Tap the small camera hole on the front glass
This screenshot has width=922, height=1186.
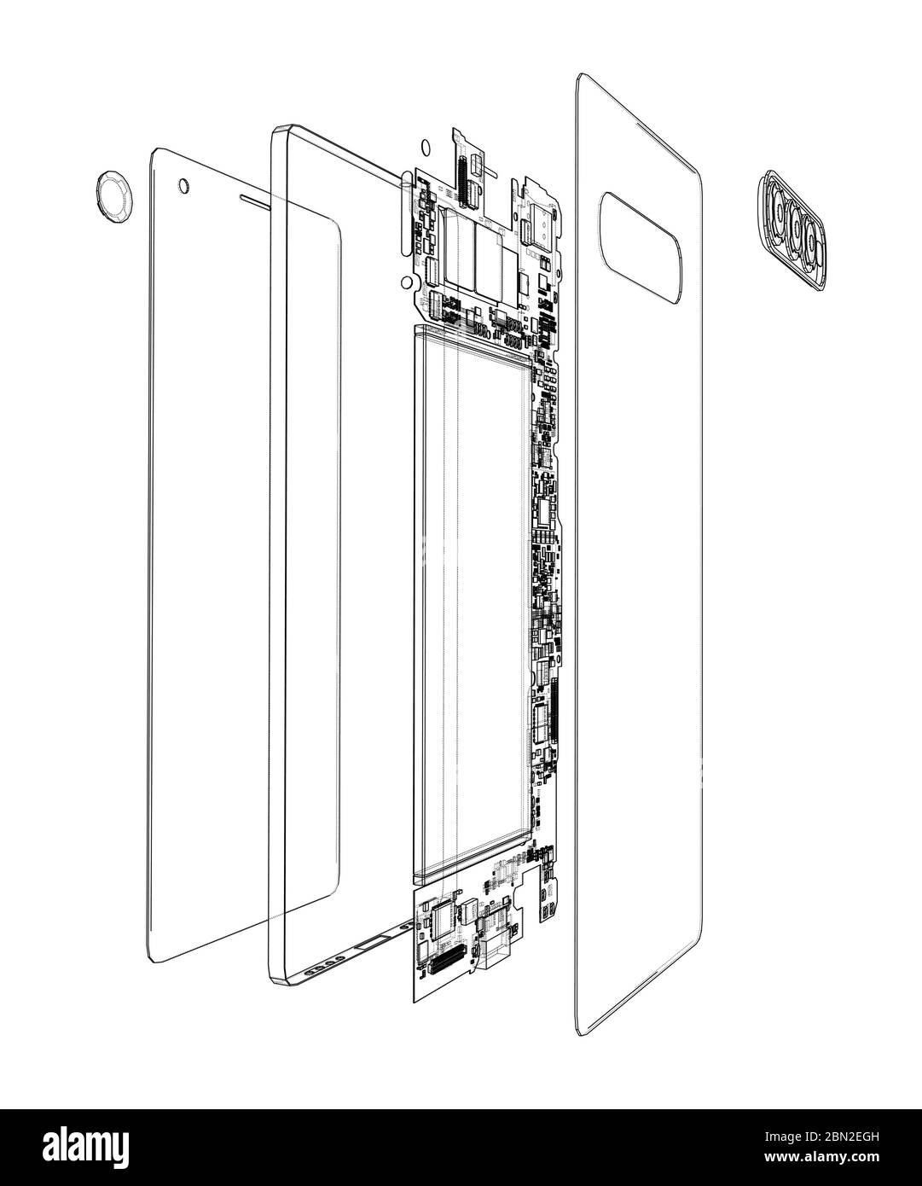183,184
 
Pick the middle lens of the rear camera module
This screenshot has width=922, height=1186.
796,228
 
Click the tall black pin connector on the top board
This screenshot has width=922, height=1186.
467,183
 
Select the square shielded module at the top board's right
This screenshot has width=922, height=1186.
541,220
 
